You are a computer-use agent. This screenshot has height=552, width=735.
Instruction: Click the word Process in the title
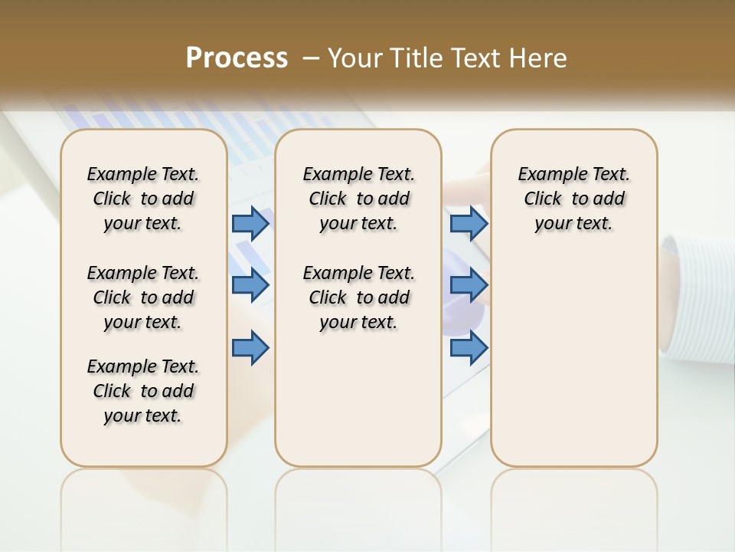[237, 58]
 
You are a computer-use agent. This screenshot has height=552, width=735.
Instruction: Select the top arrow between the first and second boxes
[250, 223]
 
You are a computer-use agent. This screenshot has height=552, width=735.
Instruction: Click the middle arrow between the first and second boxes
[250, 285]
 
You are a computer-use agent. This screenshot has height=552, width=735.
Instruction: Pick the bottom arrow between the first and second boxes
[250, 348]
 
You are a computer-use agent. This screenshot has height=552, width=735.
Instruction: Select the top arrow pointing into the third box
[469, 223]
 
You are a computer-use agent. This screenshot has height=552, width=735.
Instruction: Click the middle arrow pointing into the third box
[469, 285]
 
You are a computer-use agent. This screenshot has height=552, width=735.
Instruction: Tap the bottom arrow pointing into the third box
[469, 348]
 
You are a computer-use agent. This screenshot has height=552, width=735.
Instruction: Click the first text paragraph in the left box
[143, 199]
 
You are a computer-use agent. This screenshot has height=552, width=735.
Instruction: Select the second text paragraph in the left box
[143, 297]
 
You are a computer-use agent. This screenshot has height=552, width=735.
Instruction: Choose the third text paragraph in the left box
[143, 391]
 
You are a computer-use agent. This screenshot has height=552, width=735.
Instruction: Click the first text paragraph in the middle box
[358, 199]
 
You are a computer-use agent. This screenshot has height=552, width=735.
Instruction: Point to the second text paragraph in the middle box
[358, 297]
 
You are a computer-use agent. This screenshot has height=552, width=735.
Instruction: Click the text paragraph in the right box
[573, 199]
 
